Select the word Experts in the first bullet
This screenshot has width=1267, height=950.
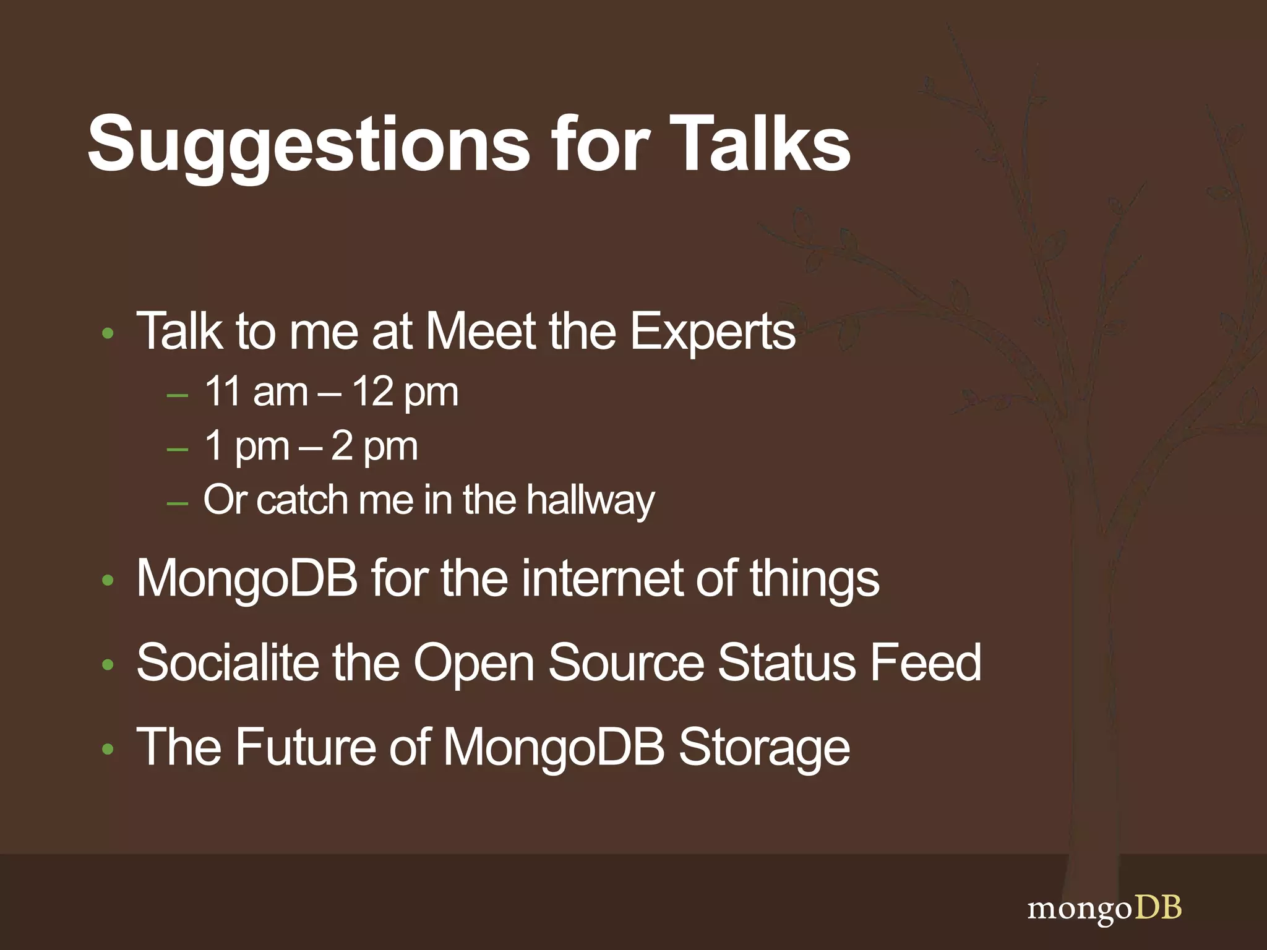(x=712, y=332)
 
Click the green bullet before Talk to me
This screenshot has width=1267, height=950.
(x=108, y=334)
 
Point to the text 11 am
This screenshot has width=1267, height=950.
(x=256, y=392)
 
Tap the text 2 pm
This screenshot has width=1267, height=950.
(x=374, y=445)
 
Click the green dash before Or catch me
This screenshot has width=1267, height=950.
(x=178, y=503)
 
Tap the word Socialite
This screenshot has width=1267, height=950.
(x=227, y=662)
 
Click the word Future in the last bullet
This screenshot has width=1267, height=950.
(x=305, y=747)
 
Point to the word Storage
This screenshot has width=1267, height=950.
(x=764, y=748)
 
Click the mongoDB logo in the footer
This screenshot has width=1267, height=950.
(x=1104, y=909)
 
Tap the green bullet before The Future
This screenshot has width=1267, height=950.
(x=108, y=749)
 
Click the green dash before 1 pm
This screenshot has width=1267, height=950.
(x=178, y=449)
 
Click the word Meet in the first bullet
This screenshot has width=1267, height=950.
(x=481, y=332)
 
